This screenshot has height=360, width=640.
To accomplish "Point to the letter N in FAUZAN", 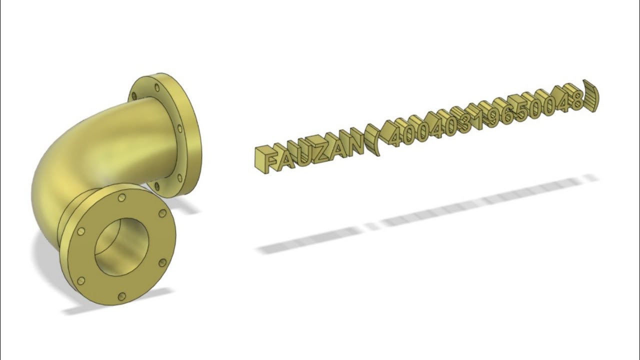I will [x=354, y=145].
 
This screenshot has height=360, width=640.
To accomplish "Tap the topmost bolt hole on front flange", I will [x=121, y=198].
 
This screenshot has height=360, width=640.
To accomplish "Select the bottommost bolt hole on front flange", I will [x=121, y=297].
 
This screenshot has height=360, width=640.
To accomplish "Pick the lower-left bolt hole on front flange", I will [x=80, y=279].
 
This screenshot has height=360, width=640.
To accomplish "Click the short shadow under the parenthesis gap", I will [x=371, y=226].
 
